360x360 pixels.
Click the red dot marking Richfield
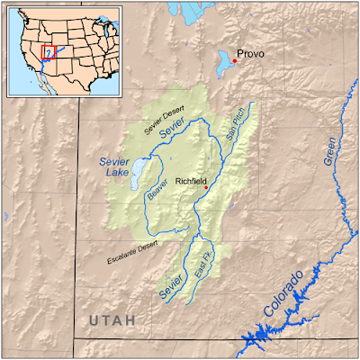point(206,187)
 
